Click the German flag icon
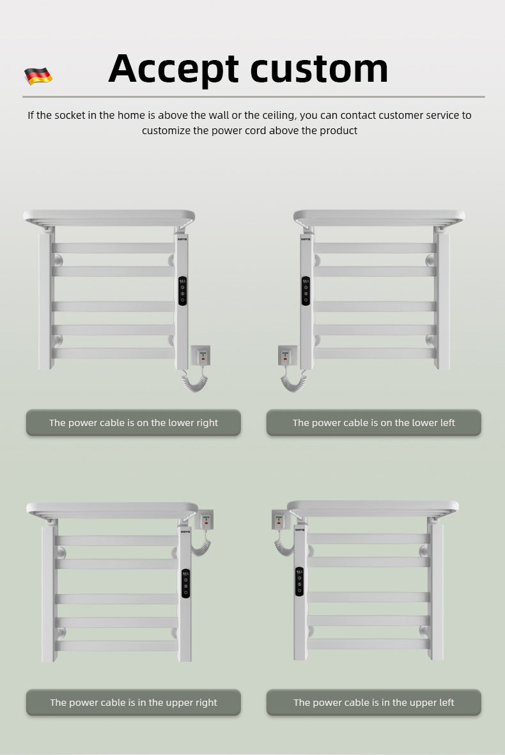coord(38,76)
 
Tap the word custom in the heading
coord(319,68)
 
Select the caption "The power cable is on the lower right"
coord(133,423)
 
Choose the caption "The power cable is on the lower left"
coord(373,423)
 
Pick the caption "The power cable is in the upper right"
coord(133,703)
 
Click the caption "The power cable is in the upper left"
coord(373,703)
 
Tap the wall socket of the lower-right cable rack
coord(200,355)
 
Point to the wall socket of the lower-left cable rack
coord(287,355)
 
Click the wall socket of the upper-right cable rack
coord(205,519)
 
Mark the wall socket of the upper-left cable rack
coord(281,519)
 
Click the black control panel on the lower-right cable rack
coord(183,291)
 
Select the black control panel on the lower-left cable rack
coord(306,291)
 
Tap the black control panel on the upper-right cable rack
coord(185,583)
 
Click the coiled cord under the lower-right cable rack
coord(194,381)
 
